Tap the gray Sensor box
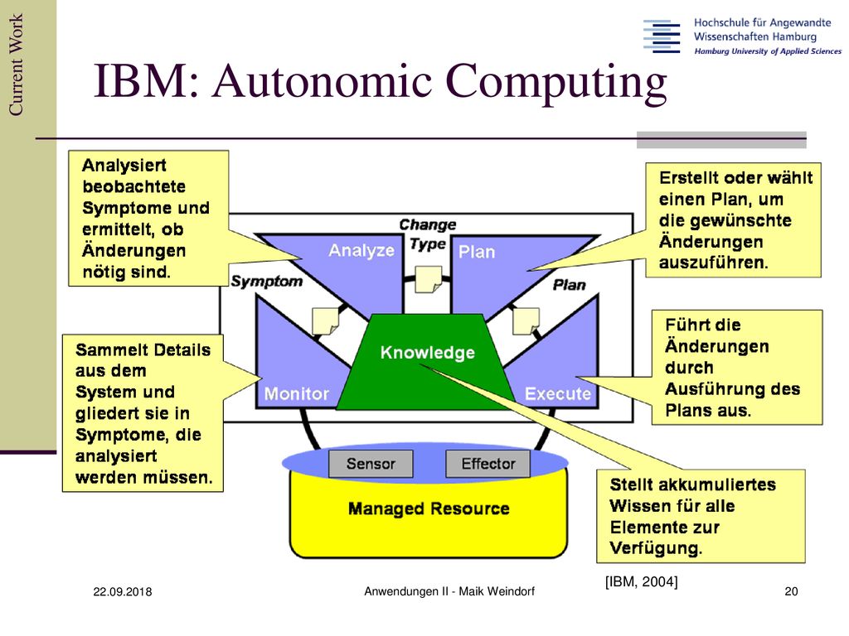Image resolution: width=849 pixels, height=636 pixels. [x=371, y=464]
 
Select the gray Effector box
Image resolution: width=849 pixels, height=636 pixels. [x=488, y=464]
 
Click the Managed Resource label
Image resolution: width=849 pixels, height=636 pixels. [x=429, y=509]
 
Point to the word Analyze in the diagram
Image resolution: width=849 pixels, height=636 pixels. [x=361, y=250]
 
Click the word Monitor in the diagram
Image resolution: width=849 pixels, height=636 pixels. [x=296, y=393]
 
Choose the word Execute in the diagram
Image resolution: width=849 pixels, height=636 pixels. [x=558, y=393]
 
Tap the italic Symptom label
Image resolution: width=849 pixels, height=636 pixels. [x=266, y=282]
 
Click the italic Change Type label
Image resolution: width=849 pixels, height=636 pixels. [x=428, y=234]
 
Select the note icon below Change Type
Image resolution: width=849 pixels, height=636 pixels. [x=429, y=280]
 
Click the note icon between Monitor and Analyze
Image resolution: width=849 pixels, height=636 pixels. [x=326, y=321]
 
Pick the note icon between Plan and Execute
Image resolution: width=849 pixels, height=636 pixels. [x=526, y=321]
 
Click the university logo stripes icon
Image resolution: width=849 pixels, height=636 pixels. [x=662, y=36]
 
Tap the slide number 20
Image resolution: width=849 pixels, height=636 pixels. [x=791, y=591]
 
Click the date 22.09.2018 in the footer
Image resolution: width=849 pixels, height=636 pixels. [x=123, y=591]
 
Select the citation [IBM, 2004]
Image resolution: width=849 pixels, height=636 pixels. [x=641, y=582]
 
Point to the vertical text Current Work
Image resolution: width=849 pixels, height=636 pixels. [x=16, y=65]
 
